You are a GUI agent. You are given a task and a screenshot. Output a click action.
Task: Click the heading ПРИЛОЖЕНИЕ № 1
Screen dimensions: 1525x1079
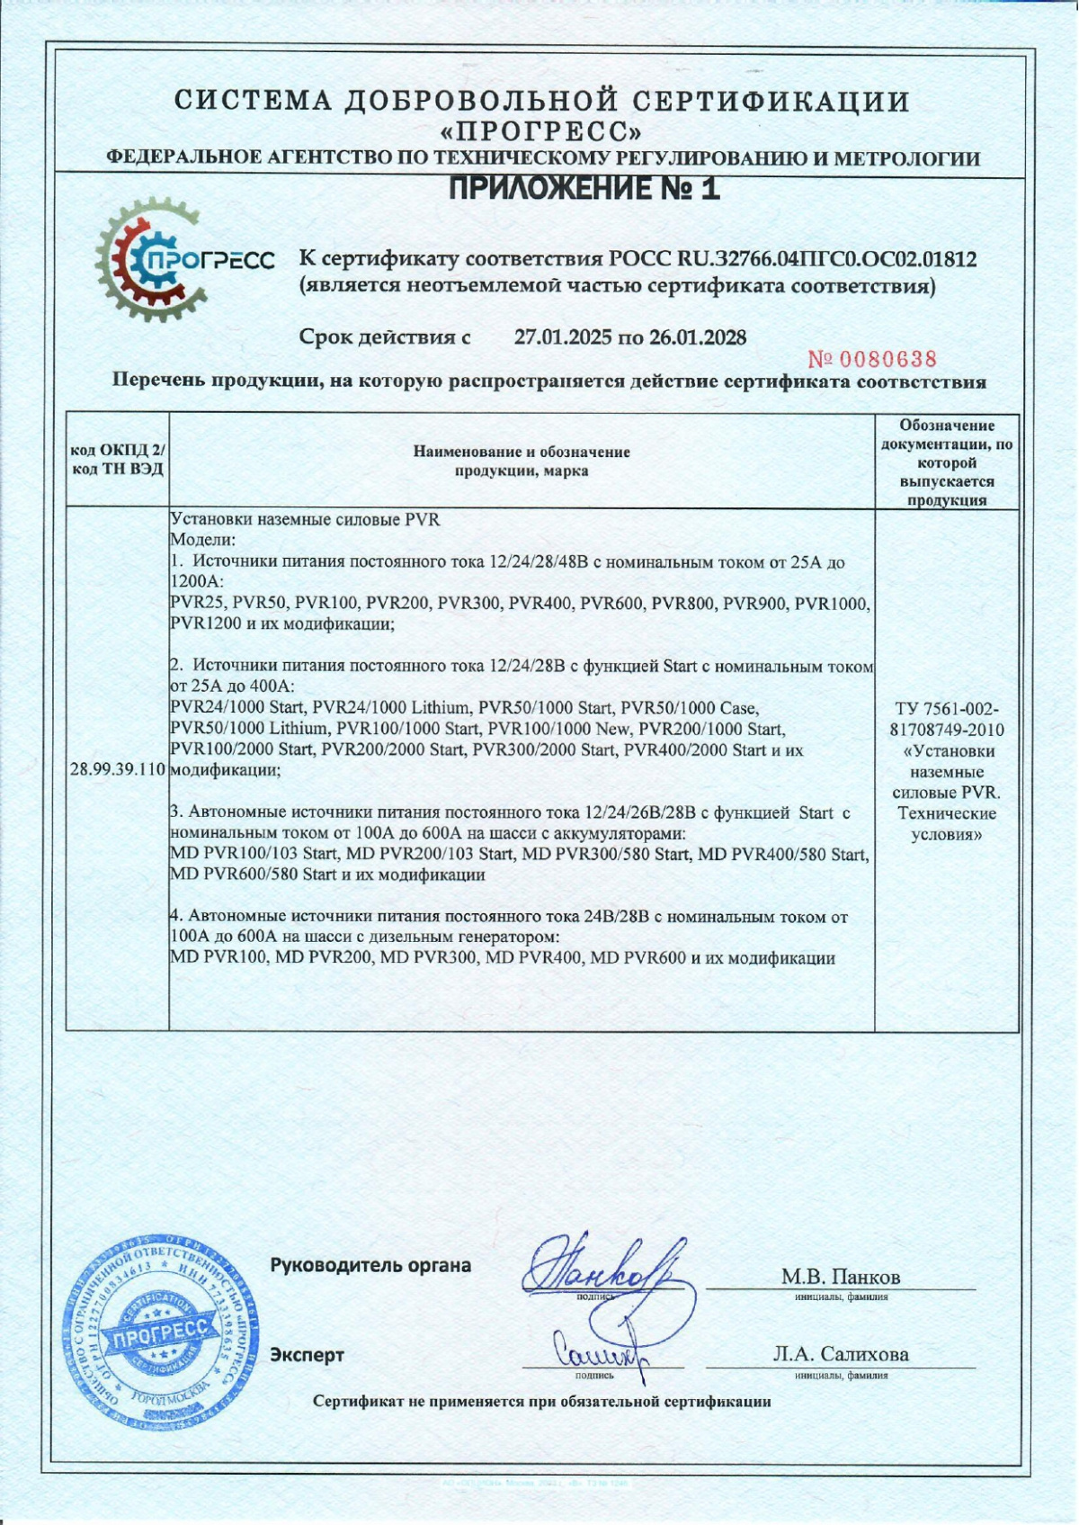pos(584,190)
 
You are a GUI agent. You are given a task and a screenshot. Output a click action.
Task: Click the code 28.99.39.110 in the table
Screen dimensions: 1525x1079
pos(119,770)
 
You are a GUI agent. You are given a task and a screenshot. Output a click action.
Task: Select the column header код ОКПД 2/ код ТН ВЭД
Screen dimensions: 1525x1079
pos(118,460)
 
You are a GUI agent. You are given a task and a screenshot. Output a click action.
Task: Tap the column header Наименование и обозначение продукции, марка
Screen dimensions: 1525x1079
pos(522,461)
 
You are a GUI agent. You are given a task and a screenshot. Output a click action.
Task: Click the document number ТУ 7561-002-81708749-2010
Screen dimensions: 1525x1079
pos(946,719)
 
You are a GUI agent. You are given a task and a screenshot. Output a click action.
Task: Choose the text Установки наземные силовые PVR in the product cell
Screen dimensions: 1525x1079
pos(306,520)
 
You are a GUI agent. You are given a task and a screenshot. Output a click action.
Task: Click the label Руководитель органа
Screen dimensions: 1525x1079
pos(370,1265)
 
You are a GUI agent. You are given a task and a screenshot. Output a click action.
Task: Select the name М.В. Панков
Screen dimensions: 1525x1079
pos(840,1277)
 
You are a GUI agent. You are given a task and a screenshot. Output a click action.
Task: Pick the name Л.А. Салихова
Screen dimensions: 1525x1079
pos(840,1354)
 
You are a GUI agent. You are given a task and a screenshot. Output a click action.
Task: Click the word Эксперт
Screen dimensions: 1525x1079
pos(308,1355)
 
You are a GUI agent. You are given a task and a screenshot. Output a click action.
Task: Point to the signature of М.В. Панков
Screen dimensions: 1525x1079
pos(602,1269)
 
